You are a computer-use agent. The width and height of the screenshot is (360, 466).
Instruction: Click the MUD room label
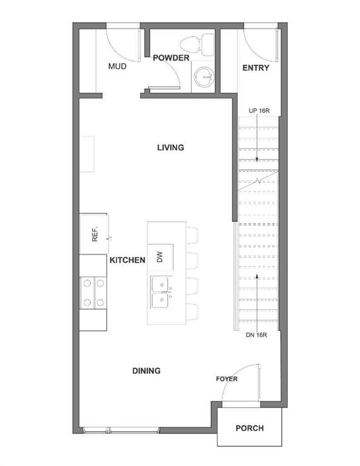point(117,66)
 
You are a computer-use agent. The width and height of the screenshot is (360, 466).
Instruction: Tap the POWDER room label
point(171,58)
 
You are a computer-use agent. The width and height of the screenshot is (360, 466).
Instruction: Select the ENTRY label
point(256,67)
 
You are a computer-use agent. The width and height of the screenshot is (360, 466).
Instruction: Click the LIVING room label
point(170,147)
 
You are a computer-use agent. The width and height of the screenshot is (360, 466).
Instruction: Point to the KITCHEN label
point(127,260)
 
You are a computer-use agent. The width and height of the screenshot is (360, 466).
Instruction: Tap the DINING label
point(146,371)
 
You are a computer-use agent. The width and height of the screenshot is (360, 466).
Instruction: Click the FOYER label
point(226,379)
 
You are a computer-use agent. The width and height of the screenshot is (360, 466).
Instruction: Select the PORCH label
point(250,428)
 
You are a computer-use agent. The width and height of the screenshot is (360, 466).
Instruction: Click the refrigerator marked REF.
point(94,234)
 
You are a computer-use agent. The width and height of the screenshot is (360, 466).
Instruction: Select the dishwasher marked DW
point(160,257)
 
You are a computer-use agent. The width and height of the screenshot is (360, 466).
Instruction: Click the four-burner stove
point(93,292)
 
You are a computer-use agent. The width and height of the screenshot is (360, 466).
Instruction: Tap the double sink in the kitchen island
point(161,291)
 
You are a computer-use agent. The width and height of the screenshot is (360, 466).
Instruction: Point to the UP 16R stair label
point(259,111)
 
